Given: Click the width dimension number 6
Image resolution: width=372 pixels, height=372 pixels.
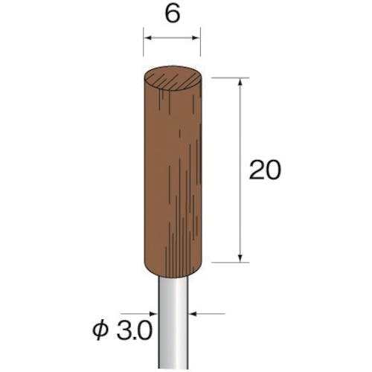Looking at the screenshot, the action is coord(173,15).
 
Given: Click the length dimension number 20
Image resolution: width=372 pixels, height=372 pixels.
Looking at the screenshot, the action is coord(265,170).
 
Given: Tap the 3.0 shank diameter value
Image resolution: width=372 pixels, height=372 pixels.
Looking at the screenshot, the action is coord(134,331).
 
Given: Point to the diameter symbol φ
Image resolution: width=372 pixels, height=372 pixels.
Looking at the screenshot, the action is coord(100,331).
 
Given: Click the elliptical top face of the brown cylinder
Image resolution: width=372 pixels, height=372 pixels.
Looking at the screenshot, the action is coord(173,77).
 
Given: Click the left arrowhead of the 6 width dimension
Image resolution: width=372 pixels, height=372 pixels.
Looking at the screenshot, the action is coord(147,38).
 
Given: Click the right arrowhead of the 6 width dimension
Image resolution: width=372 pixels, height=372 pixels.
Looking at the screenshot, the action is coord(196,38).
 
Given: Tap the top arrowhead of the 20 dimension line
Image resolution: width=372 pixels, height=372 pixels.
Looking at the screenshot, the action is coord(240,82).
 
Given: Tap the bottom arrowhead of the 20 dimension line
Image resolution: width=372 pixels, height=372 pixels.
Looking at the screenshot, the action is coord(240,258).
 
